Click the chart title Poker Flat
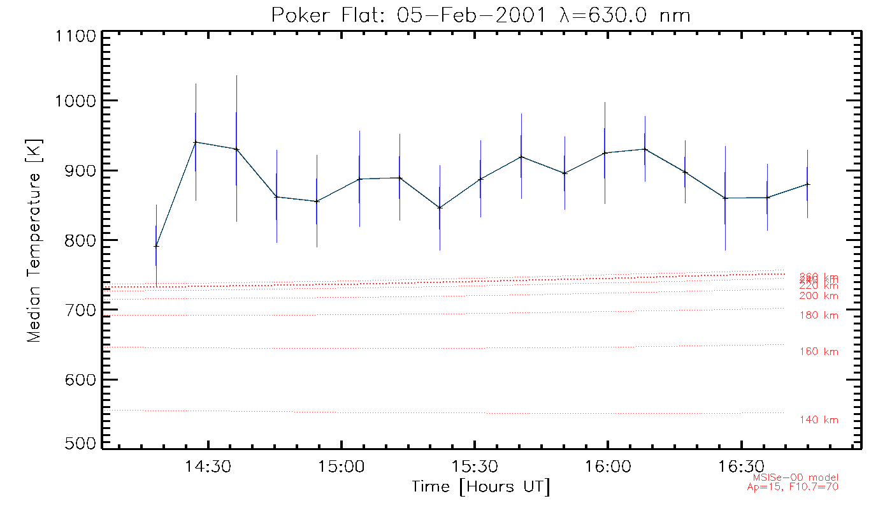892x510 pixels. [480, 14]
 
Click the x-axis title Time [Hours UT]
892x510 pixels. [480, 487]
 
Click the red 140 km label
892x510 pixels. [819, 420]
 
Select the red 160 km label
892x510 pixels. [819, 352]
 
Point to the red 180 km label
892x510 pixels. [819, 316]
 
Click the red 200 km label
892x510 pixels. [819, 296]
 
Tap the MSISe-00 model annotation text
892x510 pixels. [796, 477]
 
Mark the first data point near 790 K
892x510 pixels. [156, 245]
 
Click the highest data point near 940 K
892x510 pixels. [196, 142]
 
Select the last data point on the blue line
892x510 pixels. [808, 184]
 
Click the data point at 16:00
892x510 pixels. [605, 153]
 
